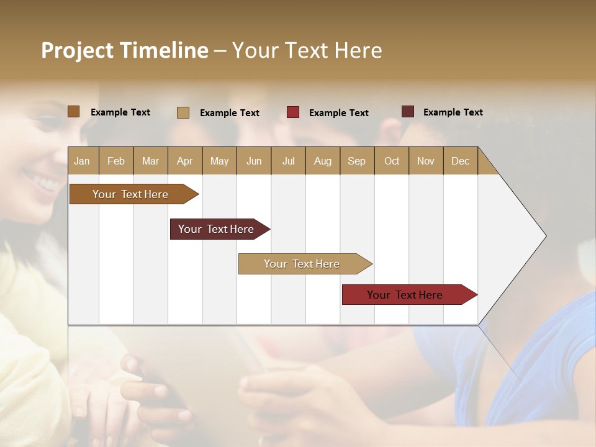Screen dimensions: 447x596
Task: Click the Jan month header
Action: [x=82, y=161]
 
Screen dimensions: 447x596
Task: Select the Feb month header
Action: [x=116, y=161]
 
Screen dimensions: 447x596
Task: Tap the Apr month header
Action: [x=184, y=161]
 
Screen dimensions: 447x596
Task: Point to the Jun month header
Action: [x=254, y=161]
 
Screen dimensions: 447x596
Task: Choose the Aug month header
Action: [x=322, y=161]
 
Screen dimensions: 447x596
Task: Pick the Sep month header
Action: [x=356, y=161]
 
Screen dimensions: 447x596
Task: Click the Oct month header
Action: [x=392, y=161]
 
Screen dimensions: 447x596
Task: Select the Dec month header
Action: [x=460, y=161]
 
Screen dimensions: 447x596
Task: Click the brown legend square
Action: [x=73, y=112]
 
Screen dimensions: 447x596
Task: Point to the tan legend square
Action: [x=183, y=112]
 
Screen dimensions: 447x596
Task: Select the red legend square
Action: [x=293, y=112]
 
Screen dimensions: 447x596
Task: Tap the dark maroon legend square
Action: [x=407, y=112]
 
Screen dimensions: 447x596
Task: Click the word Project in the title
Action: [x=77, y=50]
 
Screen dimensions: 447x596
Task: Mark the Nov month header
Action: [x=425, y=161]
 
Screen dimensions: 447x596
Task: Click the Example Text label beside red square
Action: [x=338, y=113]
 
